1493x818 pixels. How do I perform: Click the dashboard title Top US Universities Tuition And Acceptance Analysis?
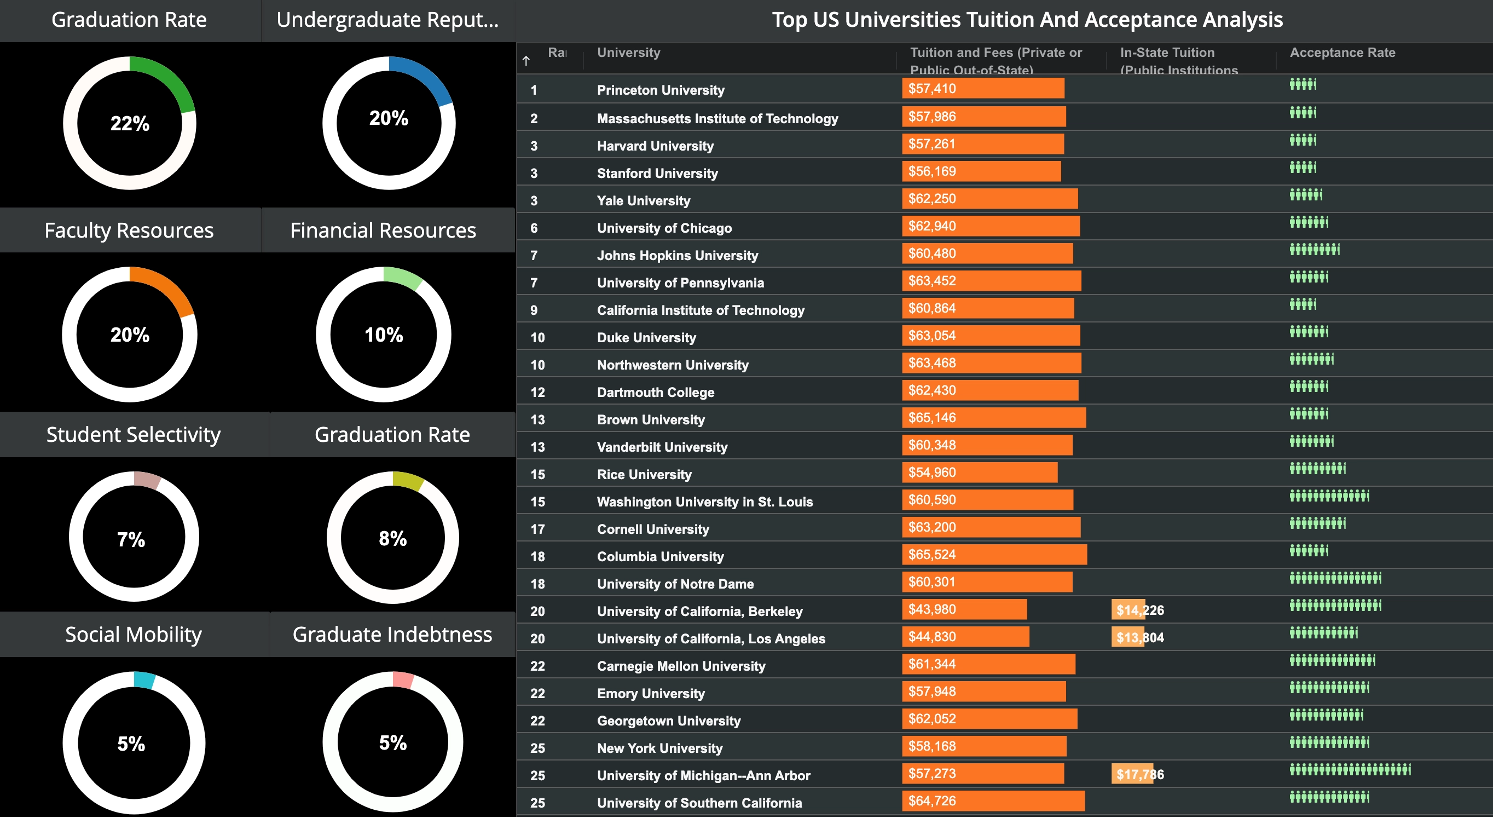point(1027,20)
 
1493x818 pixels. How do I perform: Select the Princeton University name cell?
point(660,90)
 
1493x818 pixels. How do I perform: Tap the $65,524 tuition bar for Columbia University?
point(993,555)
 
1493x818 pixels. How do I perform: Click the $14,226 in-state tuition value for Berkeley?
point(1139,610)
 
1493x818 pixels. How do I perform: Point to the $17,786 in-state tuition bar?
point(1132,774)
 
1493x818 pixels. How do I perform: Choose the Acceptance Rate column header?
point(1342,52)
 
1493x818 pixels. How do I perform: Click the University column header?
point(628,52)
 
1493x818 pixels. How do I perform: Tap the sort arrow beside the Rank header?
point(526,61)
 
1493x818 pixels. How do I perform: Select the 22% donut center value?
point(130,124)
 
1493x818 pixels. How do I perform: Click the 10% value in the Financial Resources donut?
point(383,335)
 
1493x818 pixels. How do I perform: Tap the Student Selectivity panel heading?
point(134,435)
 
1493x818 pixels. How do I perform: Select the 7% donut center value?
point(131,540)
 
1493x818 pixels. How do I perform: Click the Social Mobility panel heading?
point(134,634)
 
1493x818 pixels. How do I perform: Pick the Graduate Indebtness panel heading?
point(392,634)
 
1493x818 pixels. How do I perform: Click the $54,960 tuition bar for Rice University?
point(980,473)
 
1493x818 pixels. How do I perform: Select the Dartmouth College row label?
point(656,393)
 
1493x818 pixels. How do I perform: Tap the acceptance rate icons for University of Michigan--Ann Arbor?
point(1349,770)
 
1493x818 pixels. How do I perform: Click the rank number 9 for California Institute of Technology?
point(534,310)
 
